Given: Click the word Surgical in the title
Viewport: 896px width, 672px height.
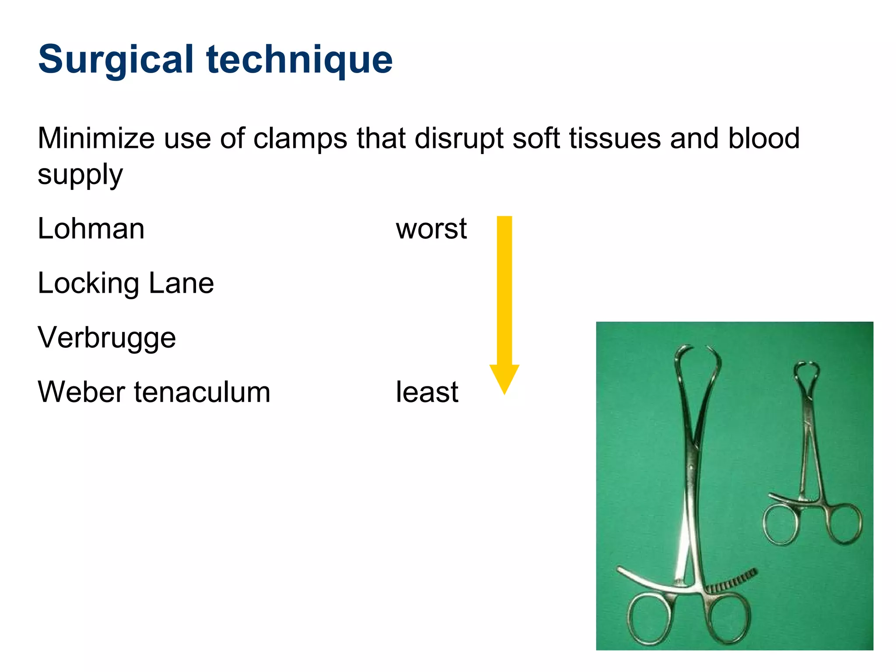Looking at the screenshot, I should (x=115, y=60).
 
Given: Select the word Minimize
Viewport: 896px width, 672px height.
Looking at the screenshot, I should (x=96, y=138).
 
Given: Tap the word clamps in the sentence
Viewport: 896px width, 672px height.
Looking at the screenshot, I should (x=300, y=138).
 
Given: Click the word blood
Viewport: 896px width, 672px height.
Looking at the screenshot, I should (x=763, y=138).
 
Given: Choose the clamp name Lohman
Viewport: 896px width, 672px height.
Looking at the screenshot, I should (x=91, y=229).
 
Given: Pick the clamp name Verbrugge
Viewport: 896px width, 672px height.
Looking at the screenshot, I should (x=107, y=338).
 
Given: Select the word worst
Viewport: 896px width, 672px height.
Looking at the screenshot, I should (x=431, y=229).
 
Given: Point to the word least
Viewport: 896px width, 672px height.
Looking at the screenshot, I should (x=427, y=392).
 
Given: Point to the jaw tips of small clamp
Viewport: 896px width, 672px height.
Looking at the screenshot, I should (x=807, y=364).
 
